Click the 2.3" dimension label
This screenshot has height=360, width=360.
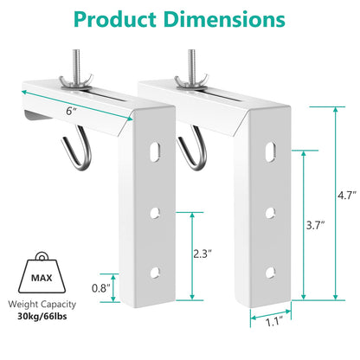pos(201,254)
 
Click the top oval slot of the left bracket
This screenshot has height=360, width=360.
pos(156,150)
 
